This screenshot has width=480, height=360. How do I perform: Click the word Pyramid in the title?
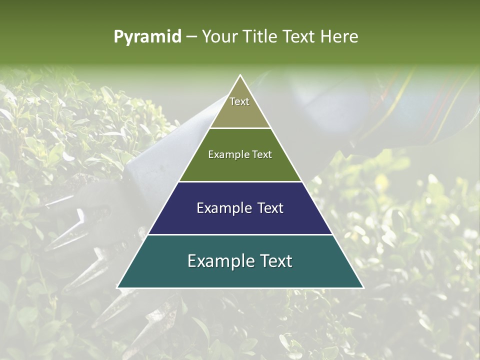(147, 37)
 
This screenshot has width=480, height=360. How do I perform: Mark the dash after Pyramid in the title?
(191, 37)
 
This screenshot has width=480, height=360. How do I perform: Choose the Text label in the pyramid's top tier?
(239, 101)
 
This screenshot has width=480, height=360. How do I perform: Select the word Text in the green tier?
(262, 154)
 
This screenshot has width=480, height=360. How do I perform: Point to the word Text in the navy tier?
(270, 208)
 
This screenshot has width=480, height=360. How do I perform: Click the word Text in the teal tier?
(276, 261)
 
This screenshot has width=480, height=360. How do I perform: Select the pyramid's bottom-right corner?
(363, 287)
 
